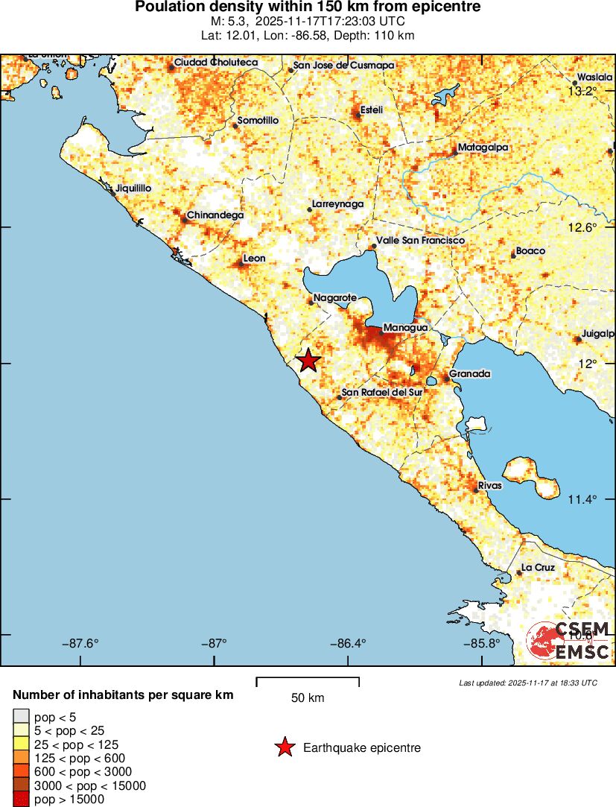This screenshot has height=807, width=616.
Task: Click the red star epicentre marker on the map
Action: pyautogui.click(x=308, y=361)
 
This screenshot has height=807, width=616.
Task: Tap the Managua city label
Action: pyautogui.click(x=405, y=327)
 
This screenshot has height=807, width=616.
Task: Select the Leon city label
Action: pyautogui.click(x=255, y=259)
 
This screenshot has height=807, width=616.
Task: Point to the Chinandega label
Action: pyautogui.click(x=215, y=215)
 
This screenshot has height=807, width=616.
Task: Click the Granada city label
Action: pyautogui.click(x=470, y=374)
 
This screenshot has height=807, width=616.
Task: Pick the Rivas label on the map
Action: pyautogui.click(x=490, y=485)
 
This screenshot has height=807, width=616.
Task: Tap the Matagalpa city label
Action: pyautogui.click(x=483, y=148)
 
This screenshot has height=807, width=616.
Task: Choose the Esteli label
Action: pyautogui.click(x=371, y=110)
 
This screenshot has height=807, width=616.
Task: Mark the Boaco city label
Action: pyautogui.click(x=530, y=251)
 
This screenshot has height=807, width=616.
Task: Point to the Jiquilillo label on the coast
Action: pyautogui.click(x=133, y=189)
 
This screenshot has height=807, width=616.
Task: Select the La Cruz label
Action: pyautogui.click(x=538, y=568)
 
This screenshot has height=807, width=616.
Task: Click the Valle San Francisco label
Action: pyautogui.click(x=420, y=241)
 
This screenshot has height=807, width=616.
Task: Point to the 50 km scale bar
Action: pyautogui.click(x=308, y=682)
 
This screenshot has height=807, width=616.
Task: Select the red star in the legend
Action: pyautogui.click(x=284, y=747)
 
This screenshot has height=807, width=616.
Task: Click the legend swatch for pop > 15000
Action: pyautogui.click(x=21, y=800)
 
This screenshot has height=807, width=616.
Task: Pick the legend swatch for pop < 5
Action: pyautogui.click(x=21, y=717)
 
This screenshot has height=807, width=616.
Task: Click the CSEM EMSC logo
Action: pyautogui.click(x=570, y=642)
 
